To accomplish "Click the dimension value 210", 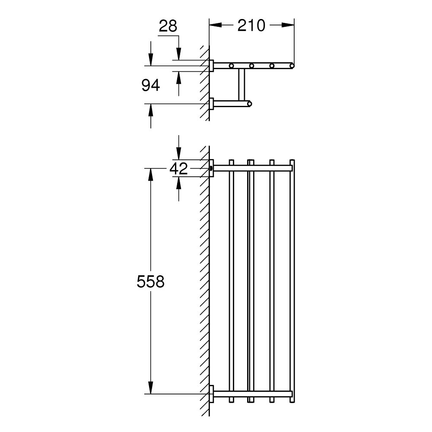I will [x=251, y=26].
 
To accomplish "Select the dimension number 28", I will [x=168, y=26].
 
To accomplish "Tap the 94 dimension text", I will [x=151, y=86].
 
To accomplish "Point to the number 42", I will [x=179, y=168].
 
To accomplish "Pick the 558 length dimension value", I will [x=150, y=282].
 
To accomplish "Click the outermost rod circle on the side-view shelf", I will [x=292, y=66].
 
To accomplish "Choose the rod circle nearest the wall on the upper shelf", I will [x=232, y=66].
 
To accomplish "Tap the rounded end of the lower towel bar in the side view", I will [x=249, y=104].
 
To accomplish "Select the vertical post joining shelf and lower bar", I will [x=241, y=84].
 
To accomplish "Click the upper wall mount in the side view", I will [x=211, y=65].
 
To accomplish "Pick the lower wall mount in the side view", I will [x=211, y=104].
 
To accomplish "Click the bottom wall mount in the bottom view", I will [x=211, y=394].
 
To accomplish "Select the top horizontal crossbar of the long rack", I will [x=253, y=168].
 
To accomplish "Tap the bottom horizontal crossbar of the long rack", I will [x=253, y=394].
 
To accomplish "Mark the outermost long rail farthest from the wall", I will [x=292, y=281].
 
